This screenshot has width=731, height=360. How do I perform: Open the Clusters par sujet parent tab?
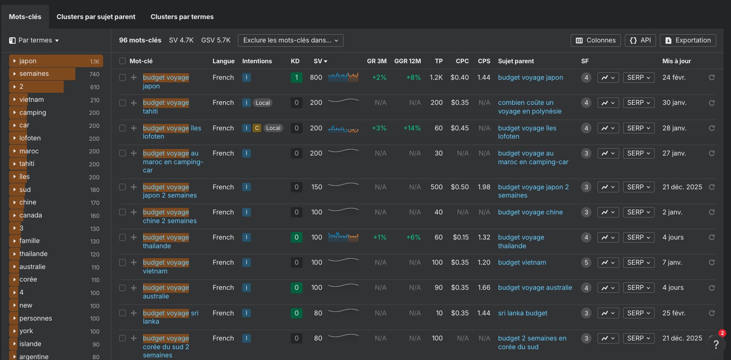[96, 17]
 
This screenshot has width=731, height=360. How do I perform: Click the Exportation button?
[688, 40]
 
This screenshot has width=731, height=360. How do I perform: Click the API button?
[640, 40]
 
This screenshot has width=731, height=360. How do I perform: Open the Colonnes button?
[595, 40]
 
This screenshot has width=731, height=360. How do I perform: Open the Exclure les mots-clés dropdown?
[290, 40]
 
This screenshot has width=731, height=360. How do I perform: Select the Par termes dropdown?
[34, 40]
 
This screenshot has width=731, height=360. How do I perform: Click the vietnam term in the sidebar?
[32, 100]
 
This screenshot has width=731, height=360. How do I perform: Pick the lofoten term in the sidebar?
[30, 138]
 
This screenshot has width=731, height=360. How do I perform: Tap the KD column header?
[295, 61]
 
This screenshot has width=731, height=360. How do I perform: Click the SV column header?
[320, 61]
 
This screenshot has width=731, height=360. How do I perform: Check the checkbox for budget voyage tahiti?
[122, 103]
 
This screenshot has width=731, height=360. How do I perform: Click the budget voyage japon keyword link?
[166, 81]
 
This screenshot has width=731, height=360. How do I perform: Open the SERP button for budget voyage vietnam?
[638, 263]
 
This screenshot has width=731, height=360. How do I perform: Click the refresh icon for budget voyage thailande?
[712, 237]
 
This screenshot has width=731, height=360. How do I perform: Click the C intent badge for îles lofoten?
[257, 128]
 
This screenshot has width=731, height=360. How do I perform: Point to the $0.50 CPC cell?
[459, 187]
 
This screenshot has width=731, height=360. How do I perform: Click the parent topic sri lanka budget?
[523, 313]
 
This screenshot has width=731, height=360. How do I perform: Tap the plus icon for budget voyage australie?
[134, 288]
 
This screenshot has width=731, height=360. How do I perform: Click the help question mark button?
[716, 344]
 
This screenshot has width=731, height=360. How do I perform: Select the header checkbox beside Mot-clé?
[122, 61]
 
